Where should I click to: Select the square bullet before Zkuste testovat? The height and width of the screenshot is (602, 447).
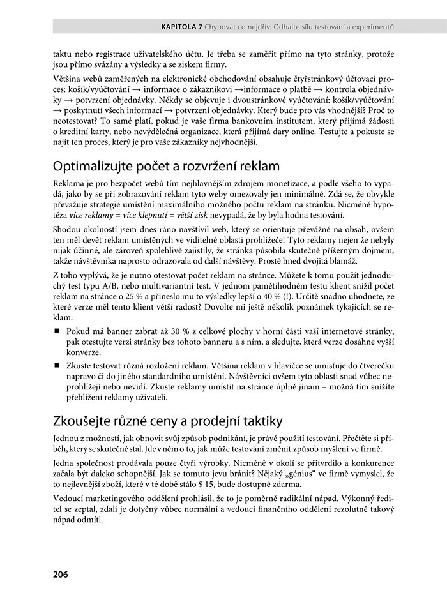coord(57,365)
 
